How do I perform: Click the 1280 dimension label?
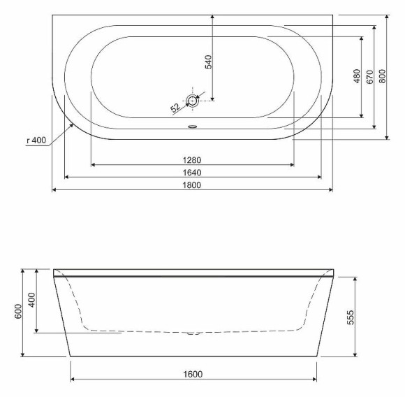click(192, 160)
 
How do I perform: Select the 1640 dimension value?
click(192, 172)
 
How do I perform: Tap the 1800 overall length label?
click(192, 185)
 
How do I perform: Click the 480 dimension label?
click(356, 76)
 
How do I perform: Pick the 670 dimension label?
click(369, 76)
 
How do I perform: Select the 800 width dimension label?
click(382, 76)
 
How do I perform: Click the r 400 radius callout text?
click(36, 140)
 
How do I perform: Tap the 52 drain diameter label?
click(175, 108)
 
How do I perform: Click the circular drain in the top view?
click(193, 101)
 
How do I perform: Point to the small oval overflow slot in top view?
click(193, 127)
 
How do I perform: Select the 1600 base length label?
click(193, 374)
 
